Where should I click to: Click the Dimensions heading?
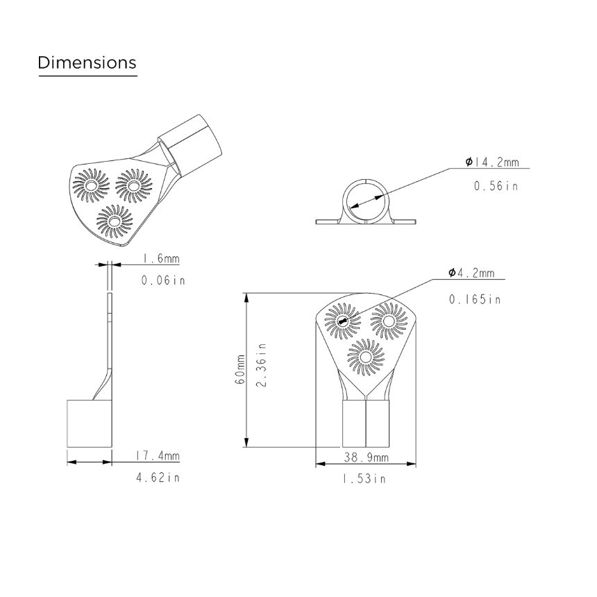click(x=87, y=62)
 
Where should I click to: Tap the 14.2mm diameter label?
click(x=492, y=162)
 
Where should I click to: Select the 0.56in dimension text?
click(x=496, y=186)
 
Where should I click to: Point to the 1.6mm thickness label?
click(x=160, y=259)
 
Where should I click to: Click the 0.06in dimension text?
click(x=163, y=280)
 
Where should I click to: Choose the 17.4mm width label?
click(x=158, y=456)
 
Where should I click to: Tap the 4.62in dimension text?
click(x=158, y=478)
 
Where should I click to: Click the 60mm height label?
click(x=240, y=369)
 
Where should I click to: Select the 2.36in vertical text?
click(x=261, y=364)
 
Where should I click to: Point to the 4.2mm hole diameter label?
click(x=471, y=273)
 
